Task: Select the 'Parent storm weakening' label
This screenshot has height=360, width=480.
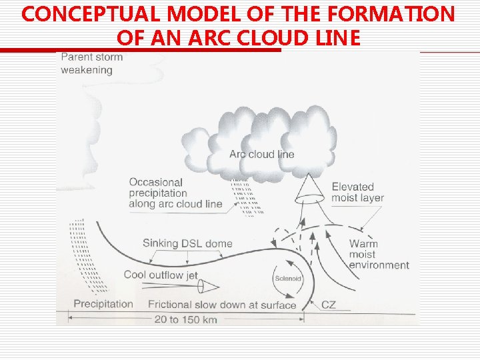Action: point(92,63)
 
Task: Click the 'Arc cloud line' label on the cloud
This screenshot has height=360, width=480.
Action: point(261,154)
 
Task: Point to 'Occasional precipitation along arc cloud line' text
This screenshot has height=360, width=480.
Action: point(175,193)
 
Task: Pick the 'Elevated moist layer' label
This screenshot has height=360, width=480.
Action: point(362,193)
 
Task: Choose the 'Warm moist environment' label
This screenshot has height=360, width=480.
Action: point(379,254)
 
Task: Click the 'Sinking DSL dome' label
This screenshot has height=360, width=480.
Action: point(187,243)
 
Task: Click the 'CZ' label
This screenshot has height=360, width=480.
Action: point(329,305)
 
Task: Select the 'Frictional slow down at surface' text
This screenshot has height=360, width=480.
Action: point(222,305)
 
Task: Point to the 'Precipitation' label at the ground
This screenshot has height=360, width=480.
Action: point(103,304)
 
